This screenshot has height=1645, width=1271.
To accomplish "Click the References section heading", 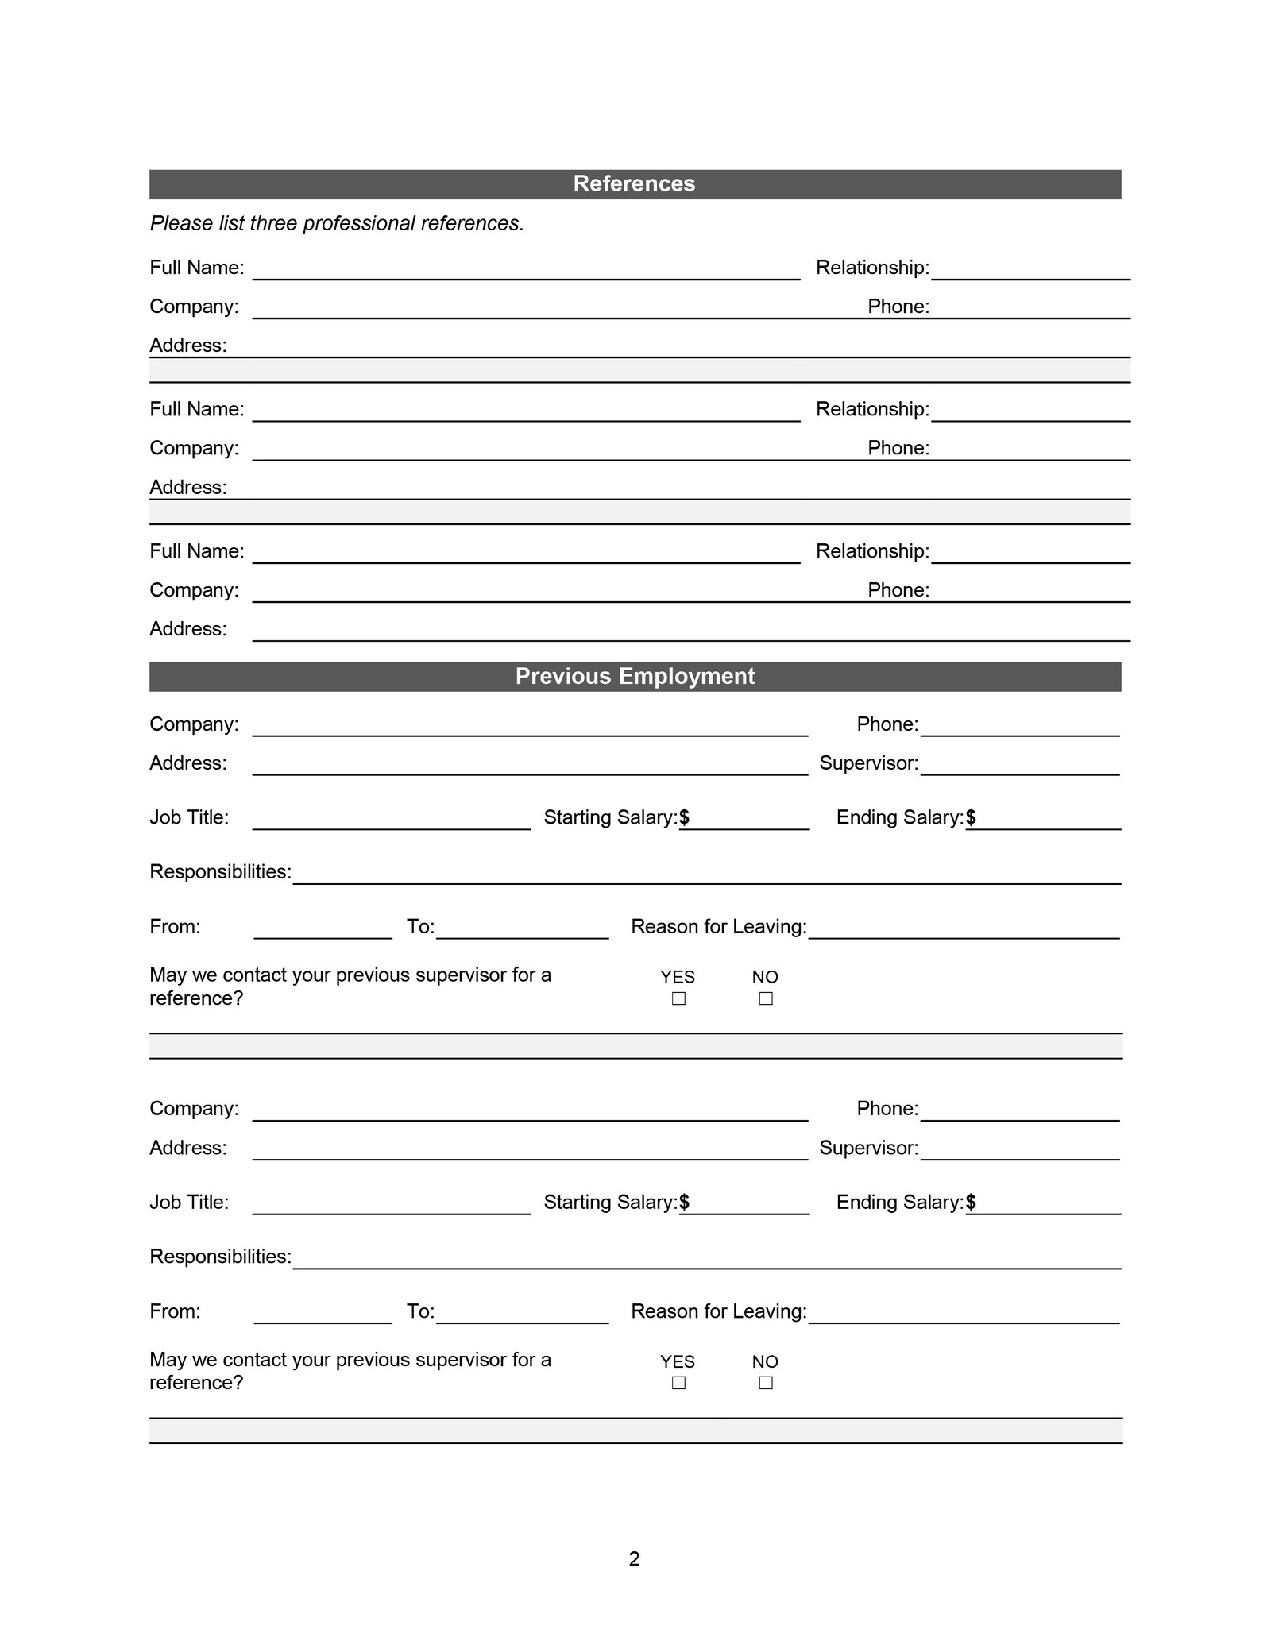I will pyautogui.click(x=634, y=183).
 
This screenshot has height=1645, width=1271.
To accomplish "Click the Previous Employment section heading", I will pyautogui.click(x=634, y=676).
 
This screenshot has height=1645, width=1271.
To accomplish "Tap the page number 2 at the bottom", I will pyautogui.click(x=634, y=1558).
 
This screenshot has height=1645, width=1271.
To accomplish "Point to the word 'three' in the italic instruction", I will pyautogui.click(x=273, y=223).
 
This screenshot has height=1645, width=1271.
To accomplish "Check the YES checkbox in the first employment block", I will pyautogui.click(x=678, y=998).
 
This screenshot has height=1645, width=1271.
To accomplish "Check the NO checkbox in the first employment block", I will pyautogui.click(x=766, y=998).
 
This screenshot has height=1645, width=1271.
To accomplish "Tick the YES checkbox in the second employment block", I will pyautogui.click(x=678, y=1383).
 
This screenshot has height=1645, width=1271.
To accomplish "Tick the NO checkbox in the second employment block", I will pyautogui.click(x=766, y=1383).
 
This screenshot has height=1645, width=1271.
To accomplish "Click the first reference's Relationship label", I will pyautogui.click(x=872, y=268).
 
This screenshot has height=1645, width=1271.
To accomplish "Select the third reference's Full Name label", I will pyautogui.click(x=196, y=551).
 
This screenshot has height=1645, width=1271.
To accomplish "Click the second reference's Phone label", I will pyautogui.click(x=898, y=448).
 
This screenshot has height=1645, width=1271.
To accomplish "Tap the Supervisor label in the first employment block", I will pyautogui.click(x=868, y=763).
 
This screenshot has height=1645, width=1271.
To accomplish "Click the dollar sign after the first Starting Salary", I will pyautogui.click(x=685, y=817).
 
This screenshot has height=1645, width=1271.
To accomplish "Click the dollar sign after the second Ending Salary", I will pyautogui.click(x=971, y=1202).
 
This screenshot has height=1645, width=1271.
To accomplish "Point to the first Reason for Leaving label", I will pyautogui.click(x=718, y=927).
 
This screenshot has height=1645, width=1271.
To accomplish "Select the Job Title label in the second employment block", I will pyautogui.click(x=189, y=1202).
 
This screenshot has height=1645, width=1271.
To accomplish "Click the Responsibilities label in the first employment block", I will pyautogui.click(x=220, y=872).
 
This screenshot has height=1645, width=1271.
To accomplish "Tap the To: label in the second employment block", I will pyautogui.click(x=420, y=1311).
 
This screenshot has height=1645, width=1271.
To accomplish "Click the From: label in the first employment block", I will pyautogui.click(x=175, y=927).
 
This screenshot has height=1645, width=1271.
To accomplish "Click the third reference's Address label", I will pyautogui.click(x=187, y=629).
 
